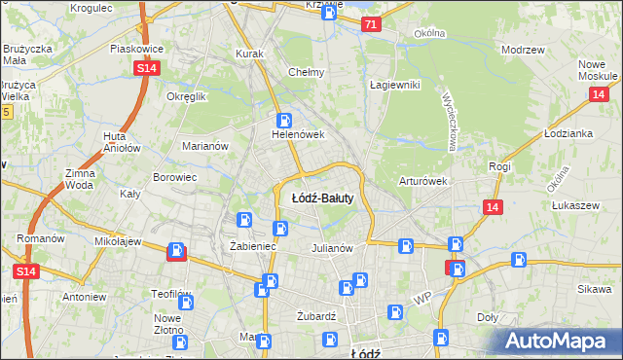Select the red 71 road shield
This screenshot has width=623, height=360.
point(370,25)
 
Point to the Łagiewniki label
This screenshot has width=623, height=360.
point(394,85)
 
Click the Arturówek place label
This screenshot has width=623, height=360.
point(422,181)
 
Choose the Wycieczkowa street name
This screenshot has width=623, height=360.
point(450,121)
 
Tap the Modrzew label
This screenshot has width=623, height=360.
point(521,50)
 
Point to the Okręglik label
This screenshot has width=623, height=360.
point(187,97)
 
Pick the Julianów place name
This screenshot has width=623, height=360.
point(331,248)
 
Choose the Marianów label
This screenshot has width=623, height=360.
point(205,146)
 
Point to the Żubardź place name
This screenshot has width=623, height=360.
point(315,316)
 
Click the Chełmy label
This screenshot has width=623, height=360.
point(306,72)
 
